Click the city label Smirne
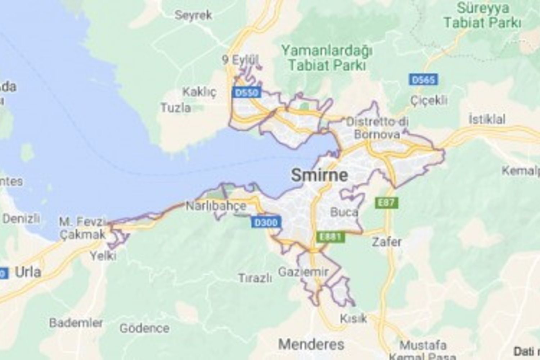(319, 175)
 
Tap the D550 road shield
(247, 93)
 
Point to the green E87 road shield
(386, 203)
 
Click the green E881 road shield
(330, 237)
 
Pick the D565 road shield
(423, 80)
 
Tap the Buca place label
(344, 212)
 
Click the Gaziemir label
(303, 271)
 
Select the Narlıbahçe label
(216, 206)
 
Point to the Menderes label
(311, 344)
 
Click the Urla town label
(28, 272)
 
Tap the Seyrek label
(193, 15)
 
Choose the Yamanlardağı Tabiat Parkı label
(327, 58)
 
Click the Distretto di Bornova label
(377, 128)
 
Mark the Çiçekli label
(429, 100)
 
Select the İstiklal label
(487, 119)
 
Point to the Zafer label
(387, 242)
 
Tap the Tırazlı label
(255, 278)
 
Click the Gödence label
(144, 328)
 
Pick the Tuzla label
(176, 107)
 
